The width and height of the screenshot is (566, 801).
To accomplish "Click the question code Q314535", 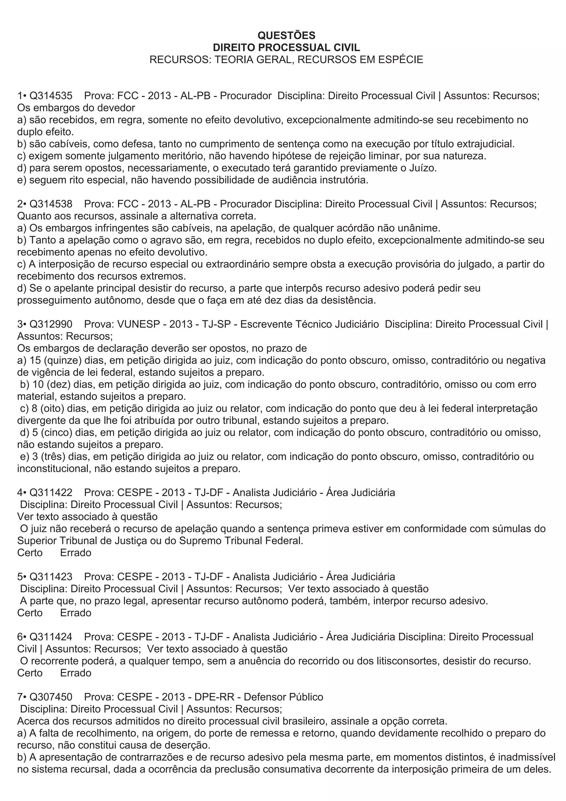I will (51, 96).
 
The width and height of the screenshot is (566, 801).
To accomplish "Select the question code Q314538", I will (51, 204).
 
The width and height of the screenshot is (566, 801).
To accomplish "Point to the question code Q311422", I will (51, 492).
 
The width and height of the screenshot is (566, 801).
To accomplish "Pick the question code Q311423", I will (51, 576).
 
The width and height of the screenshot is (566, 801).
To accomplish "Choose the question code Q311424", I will (51, 637).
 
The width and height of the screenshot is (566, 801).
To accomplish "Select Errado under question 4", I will (76, 553).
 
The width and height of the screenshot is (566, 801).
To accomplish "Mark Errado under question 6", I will (76, 673).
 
